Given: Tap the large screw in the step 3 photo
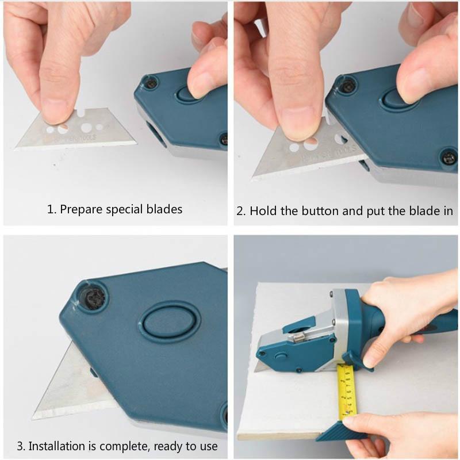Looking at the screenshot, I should pos(92,297).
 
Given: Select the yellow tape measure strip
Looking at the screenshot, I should pos(347,391).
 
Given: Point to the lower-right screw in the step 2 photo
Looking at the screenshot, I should pos(447,157).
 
